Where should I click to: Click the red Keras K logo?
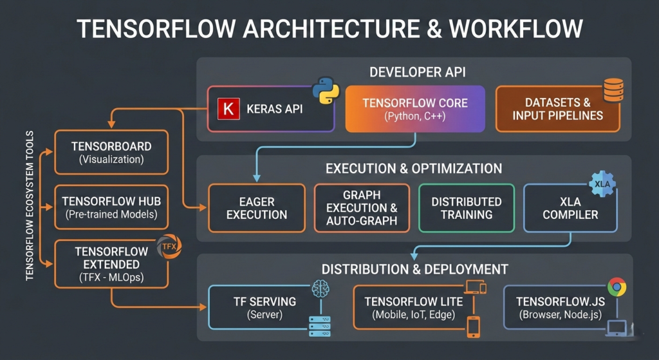pyautogui.click(x=227, y=109)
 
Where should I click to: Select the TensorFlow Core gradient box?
pyautogui.click(x=415, y=109)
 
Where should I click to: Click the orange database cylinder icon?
pyautogui.click(x=613, y=90)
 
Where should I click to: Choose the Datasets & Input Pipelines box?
pyautogui.click(x=557, y=109)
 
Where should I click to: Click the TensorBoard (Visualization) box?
pyautogui.click(x=111, y=152)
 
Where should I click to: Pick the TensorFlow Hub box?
pyautogui.click(x=111, y=207)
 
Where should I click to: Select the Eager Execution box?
pyautogui.click(x=256, y=207)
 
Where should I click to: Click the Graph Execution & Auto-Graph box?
pyautogui.click(x=362, y=207)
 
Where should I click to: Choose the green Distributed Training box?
pyautogui.click(x=467, y=207)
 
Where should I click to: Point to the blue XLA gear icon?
pyautogui.click(x=602, y=184)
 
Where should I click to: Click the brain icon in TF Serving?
pyautogui.click(x=320, y=289)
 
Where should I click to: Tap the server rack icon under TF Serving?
pyautogui.click(x=320, y=327)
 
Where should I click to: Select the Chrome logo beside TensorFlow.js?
pyautogui.click(x=617, y=287)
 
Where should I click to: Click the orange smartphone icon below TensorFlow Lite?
pyautogui.click(x=474, y=327)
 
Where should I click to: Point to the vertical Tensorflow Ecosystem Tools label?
pyautogui.click(x=30, y=206)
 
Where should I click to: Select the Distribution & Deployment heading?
pyautogui.click(x=414, y=269)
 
